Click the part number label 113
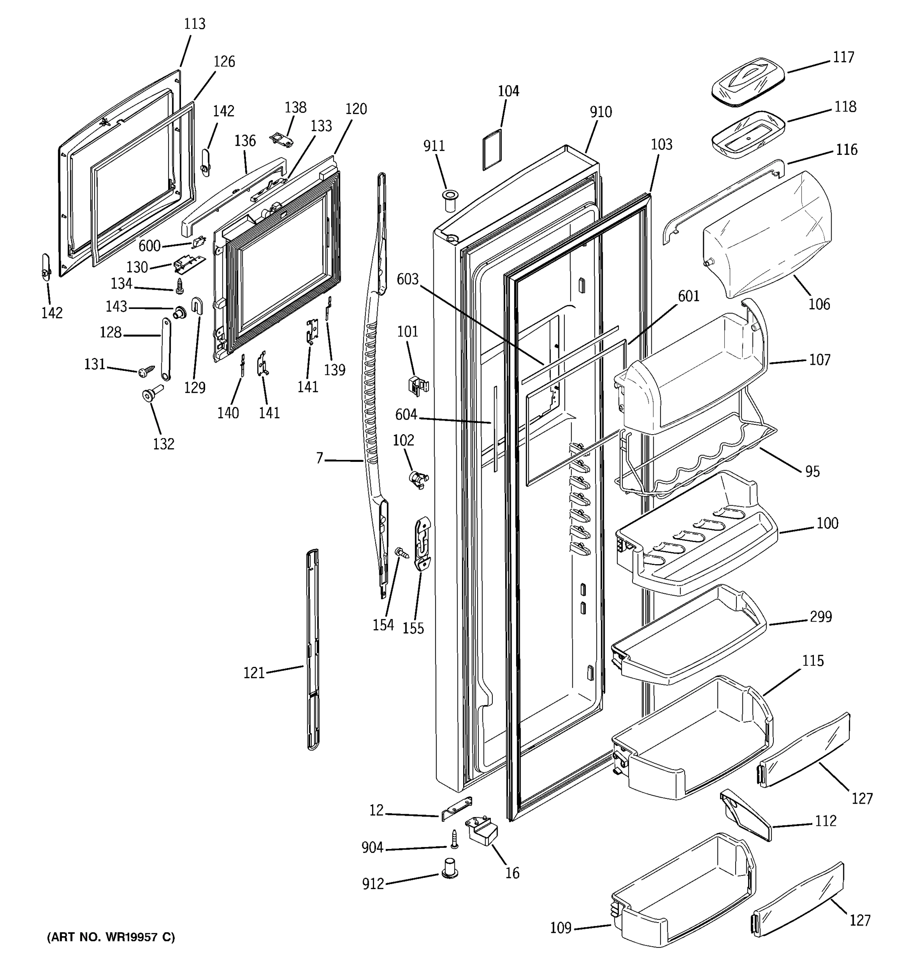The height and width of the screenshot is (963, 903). [195, 24]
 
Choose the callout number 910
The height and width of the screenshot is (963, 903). [601, 112]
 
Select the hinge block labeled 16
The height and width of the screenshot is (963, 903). [482, 830]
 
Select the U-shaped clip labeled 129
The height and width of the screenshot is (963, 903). [197, 306]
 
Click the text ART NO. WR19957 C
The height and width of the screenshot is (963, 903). [111, 937]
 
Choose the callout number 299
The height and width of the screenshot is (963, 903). [821, 617]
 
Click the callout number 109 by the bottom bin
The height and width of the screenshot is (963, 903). [561, 928]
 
